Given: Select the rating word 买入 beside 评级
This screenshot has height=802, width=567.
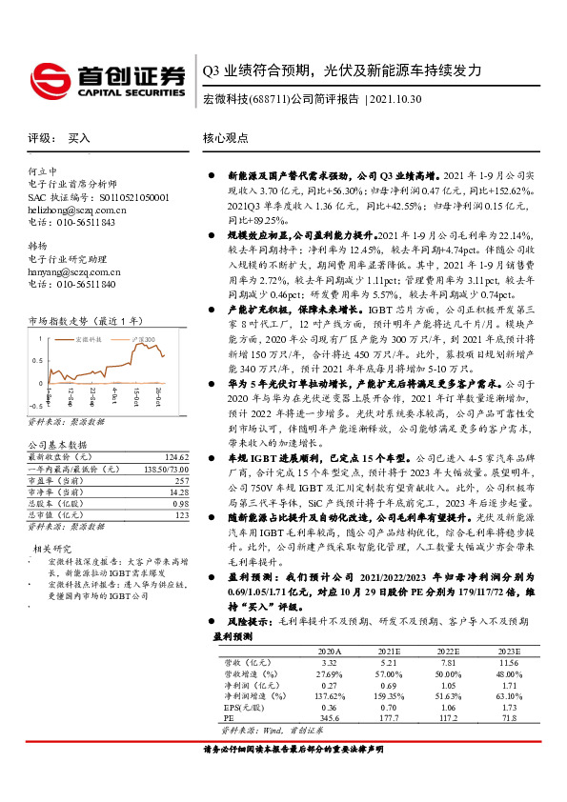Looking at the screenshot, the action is (80, 138).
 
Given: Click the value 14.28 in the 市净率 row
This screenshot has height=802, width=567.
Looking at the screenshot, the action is (178, 491).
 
